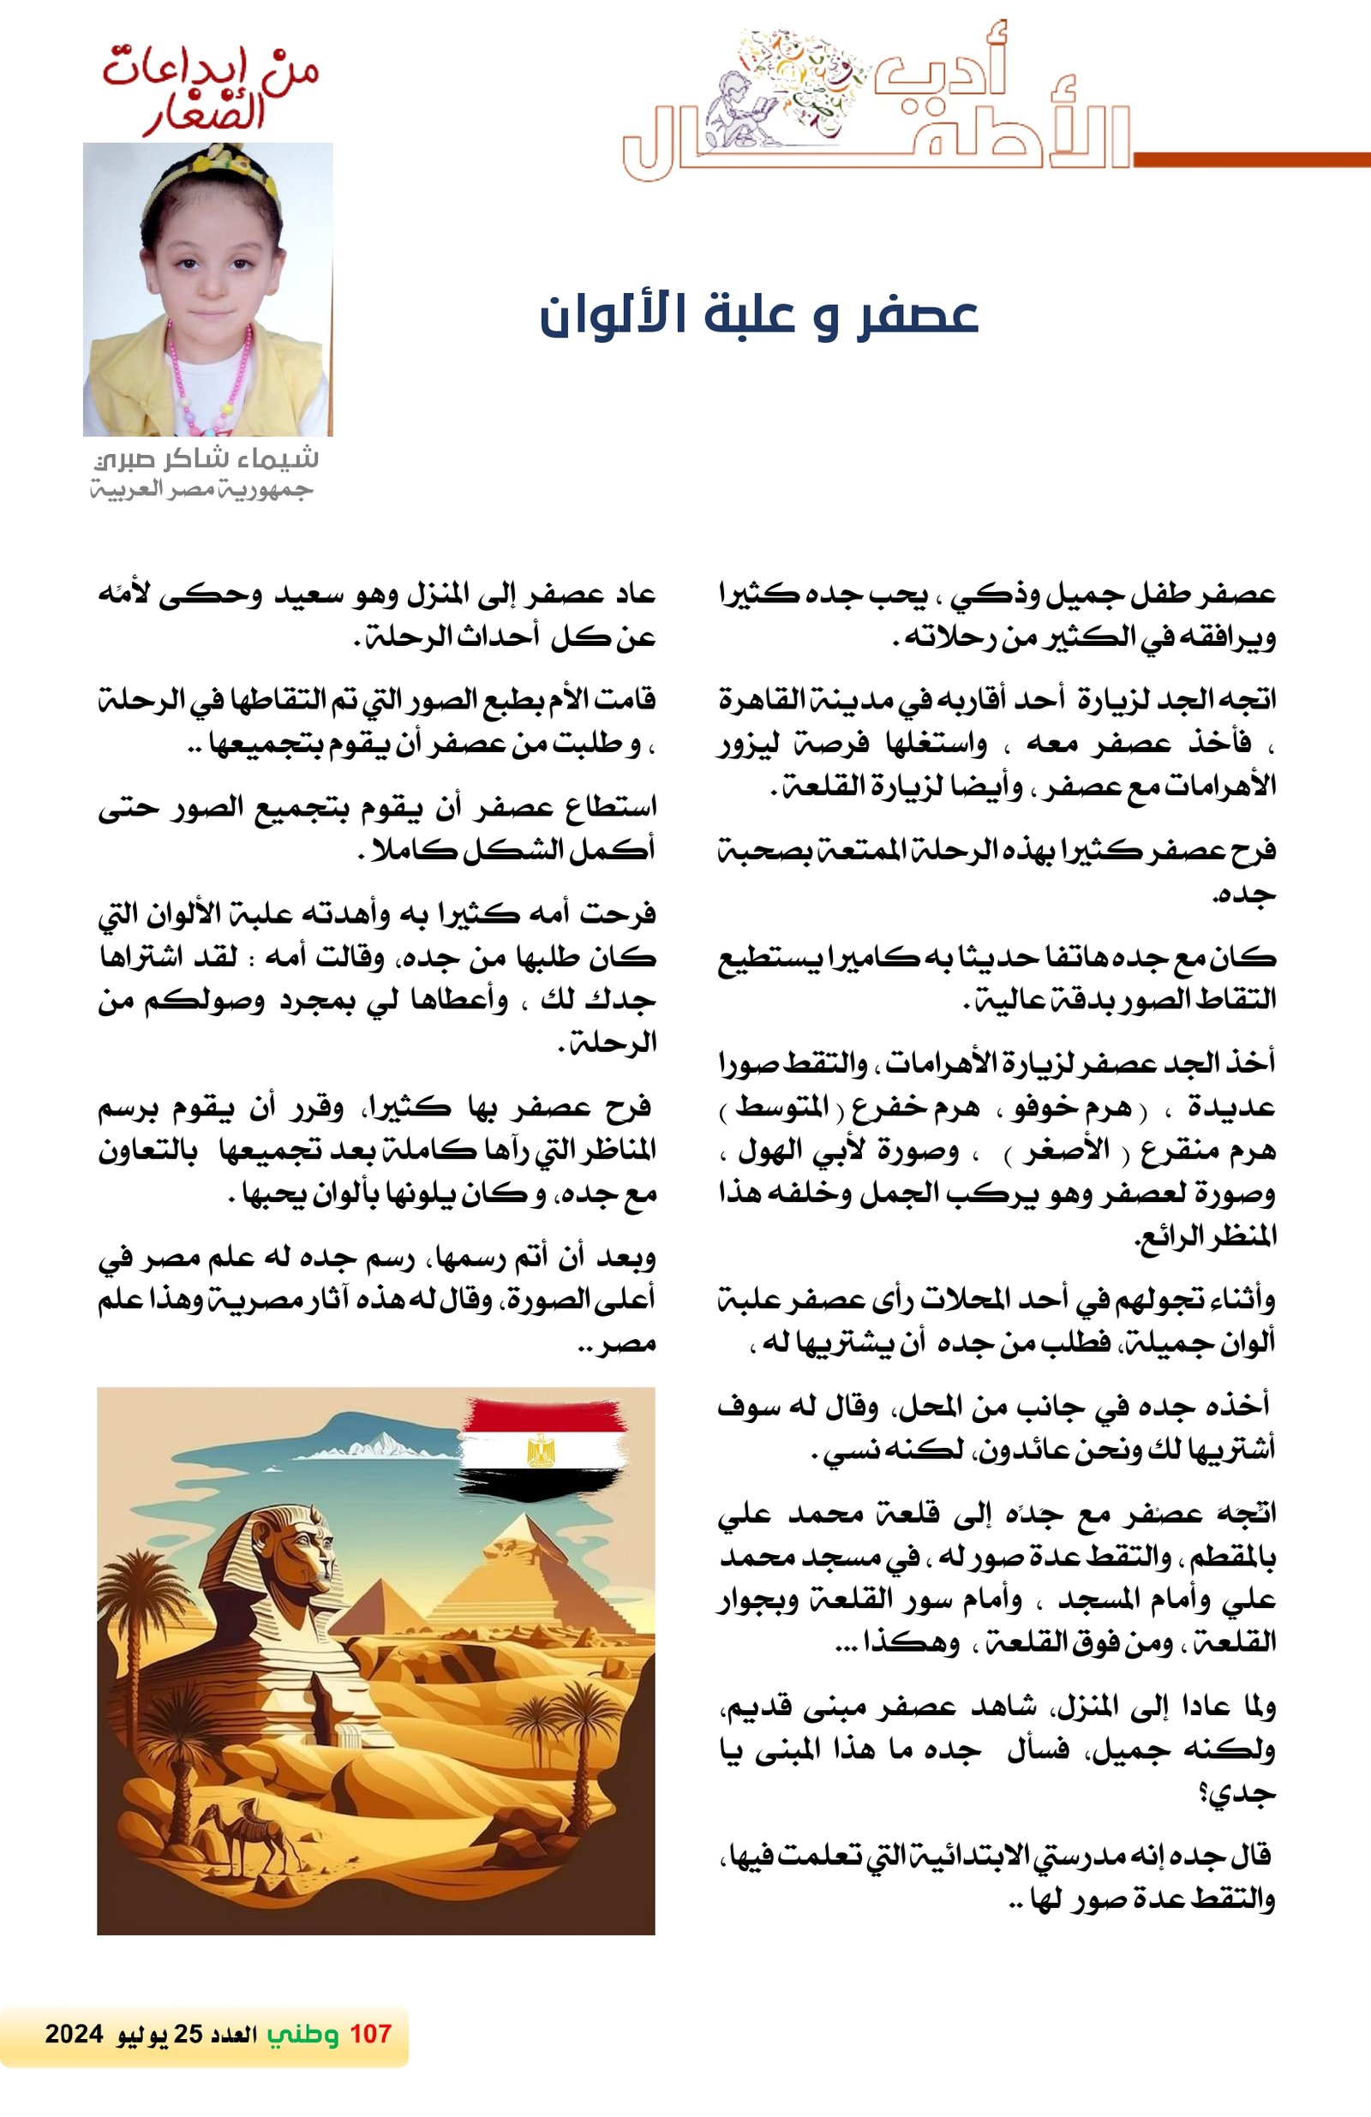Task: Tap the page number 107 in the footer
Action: (370, 2033)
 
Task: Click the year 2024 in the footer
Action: (74, 2033)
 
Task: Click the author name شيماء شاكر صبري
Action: (207, 459)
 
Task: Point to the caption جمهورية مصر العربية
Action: (202, 489)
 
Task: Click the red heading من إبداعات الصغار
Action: (210, 93)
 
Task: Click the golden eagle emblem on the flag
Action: (540, 1449)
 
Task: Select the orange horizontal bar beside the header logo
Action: (1251, 160)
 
